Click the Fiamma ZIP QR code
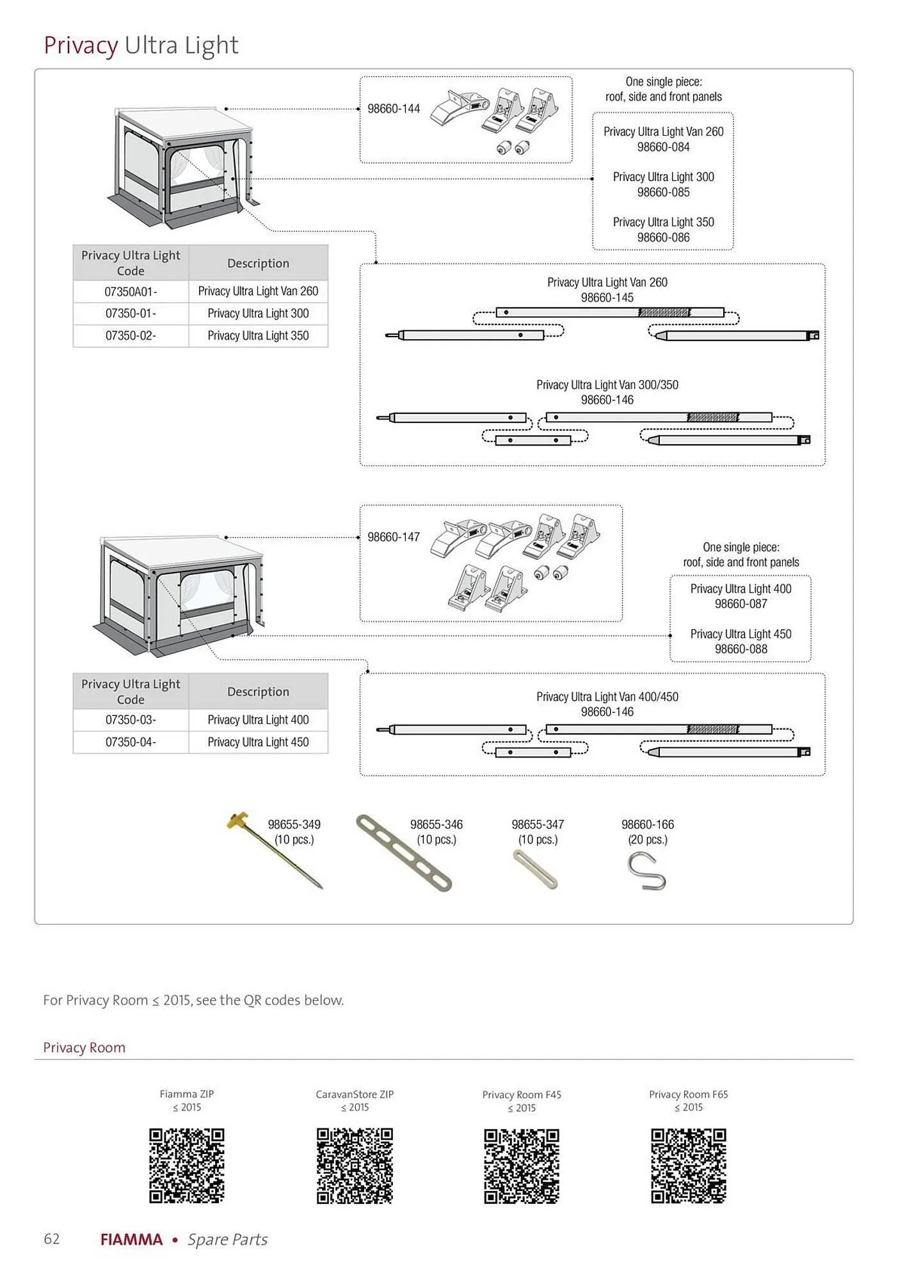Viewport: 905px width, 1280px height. click(187, 1165)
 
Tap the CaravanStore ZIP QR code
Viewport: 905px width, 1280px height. click(355, 1165)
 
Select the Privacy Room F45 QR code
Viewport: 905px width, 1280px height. click(522, 1165)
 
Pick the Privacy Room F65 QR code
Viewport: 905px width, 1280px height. click(689, 1165)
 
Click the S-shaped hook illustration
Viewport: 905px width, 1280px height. click(646, 871)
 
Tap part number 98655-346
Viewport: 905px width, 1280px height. click(436, 824)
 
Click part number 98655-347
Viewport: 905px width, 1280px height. click(538, 824)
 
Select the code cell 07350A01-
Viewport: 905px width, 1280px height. click(131, 292)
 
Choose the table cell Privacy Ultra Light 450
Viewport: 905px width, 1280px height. click(258, 742)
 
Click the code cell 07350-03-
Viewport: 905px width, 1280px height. click(131, 720)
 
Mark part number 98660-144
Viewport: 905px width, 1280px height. click(394, 109)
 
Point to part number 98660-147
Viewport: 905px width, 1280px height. click(394, 537)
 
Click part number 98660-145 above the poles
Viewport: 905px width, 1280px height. click(607, 298)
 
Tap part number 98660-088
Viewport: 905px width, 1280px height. click(741, 649)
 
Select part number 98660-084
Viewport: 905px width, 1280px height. click(664, 147)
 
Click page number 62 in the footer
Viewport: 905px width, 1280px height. click(52, 1238)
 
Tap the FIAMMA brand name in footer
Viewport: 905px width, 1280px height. click(132, 1240)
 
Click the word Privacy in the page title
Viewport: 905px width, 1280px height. click(81, 45)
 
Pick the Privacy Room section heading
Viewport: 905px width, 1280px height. click(84, 1048)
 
